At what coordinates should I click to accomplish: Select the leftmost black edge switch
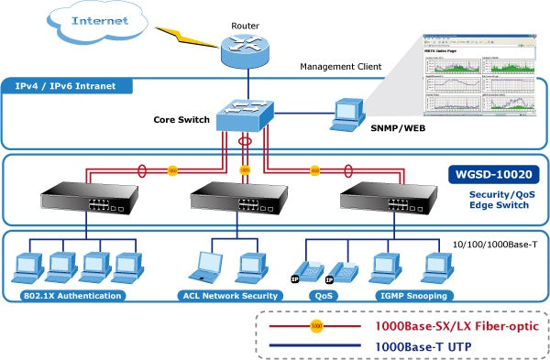(84, 202)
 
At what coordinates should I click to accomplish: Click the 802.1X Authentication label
(72, 296)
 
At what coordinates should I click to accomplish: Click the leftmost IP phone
(313, 268)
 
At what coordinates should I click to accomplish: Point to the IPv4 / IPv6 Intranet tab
(69, 86)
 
